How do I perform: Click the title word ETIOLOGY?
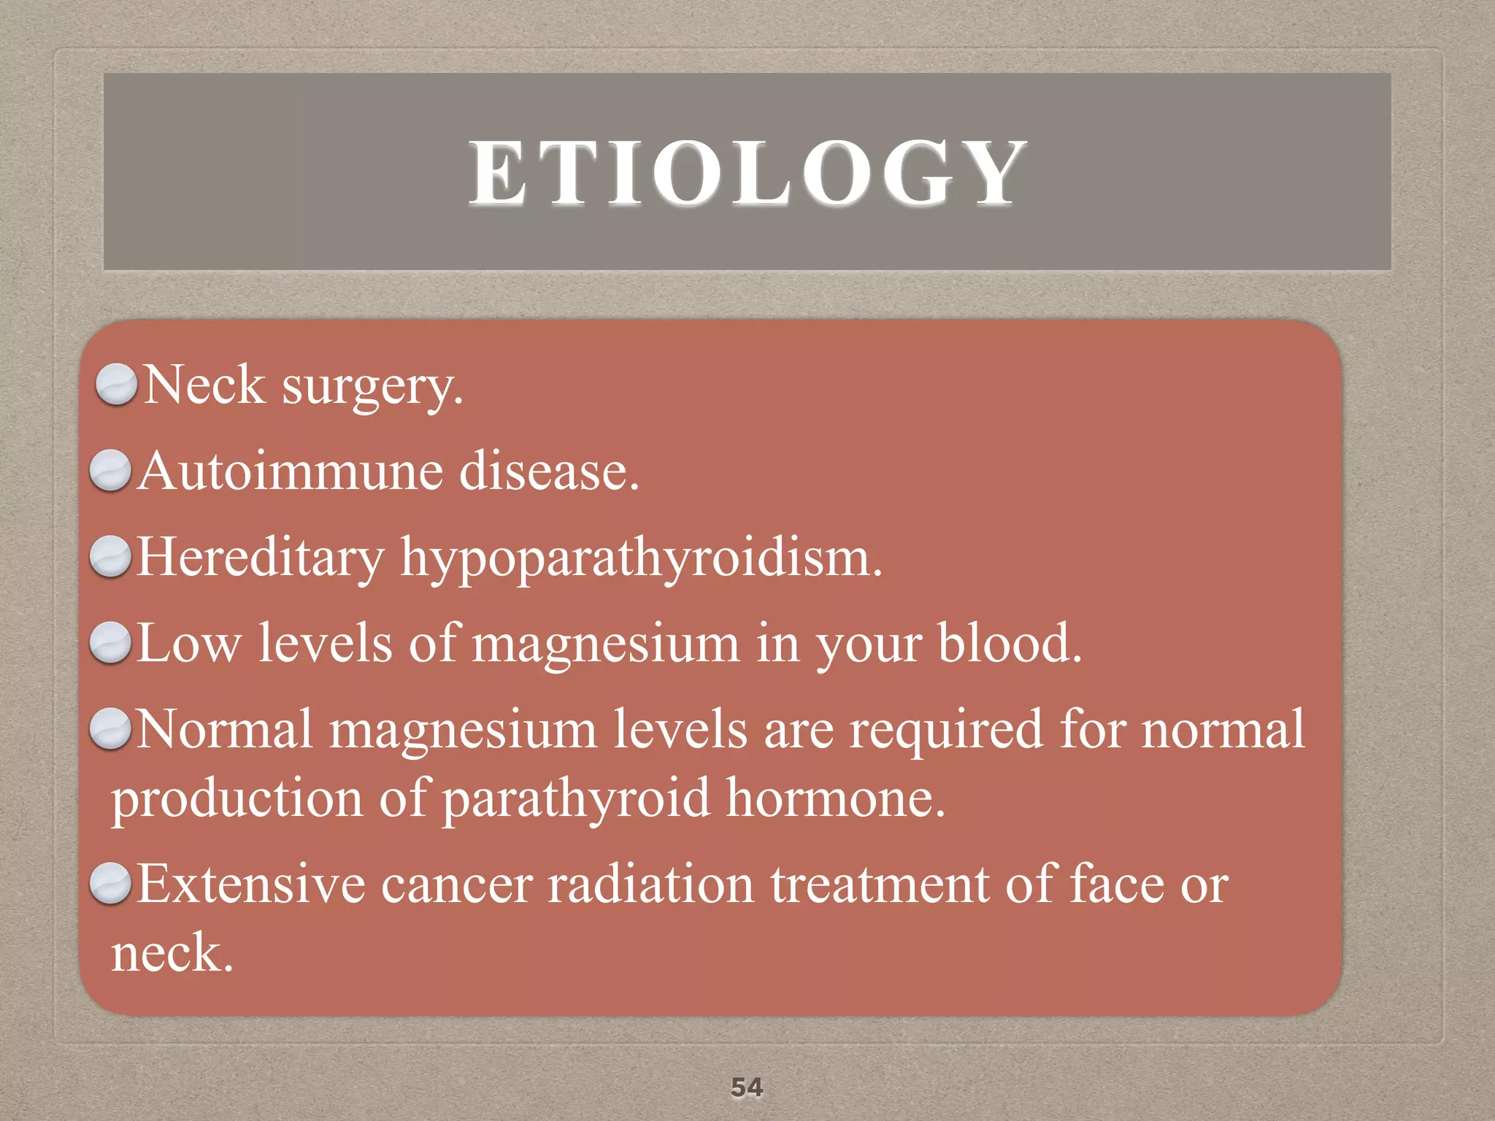pyautogui.click(x=747, y=173)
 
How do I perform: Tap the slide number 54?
pyautogui.click(x=747, y=1087)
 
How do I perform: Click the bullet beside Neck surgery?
pyautogui.click(x=116, y=384)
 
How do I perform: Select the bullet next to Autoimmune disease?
pyautogui.click(x=110, y=470)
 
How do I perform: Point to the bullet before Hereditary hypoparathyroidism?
pyautogui.click(x=110, y=556)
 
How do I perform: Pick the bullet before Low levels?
pyautogui.click(x=110, y=642)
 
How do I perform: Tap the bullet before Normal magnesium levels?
pyautogui.click(x=110, y=728)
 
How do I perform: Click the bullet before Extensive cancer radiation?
pyautogui.click(x=110, y=883)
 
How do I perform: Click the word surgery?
pyautogui.click(x=372, y=387)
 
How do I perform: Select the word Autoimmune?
pyautogui.click(x=291, y=471)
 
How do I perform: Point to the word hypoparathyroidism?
pyautogui.click(x=641, y=559)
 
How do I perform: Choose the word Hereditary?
pyautogui.click(x=261, y=559)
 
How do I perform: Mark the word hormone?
pyautogui.click(x=835, y=798)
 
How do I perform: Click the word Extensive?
pyautogui.click(x=251, y=885)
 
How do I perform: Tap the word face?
pyautogui.click(x=1117, y=885)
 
